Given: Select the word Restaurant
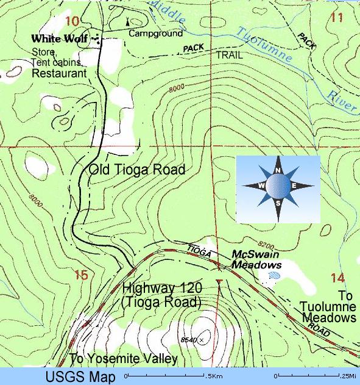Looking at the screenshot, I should (59, 73).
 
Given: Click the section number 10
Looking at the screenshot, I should (71, 21).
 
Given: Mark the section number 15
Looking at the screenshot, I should (81, 275).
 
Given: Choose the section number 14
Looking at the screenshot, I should (337, 278).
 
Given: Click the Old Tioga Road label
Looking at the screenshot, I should (137, 170).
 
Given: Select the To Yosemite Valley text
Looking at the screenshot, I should (124, 359).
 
